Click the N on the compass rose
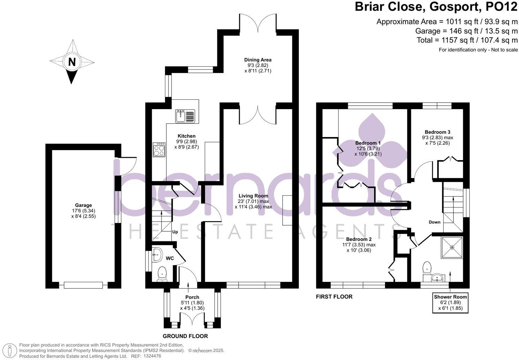72,62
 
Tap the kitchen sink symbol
185,116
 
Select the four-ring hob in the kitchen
159,150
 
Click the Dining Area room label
258,60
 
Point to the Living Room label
253,196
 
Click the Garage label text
83,205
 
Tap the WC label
170,258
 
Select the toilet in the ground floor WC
162,273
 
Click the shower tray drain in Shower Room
452,247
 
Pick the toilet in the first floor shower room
427,268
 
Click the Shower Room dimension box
450,302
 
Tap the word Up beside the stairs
175,232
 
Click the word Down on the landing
434,222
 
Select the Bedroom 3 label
437,132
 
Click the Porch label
192,297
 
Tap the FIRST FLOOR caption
334,297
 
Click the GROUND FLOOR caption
185,336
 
